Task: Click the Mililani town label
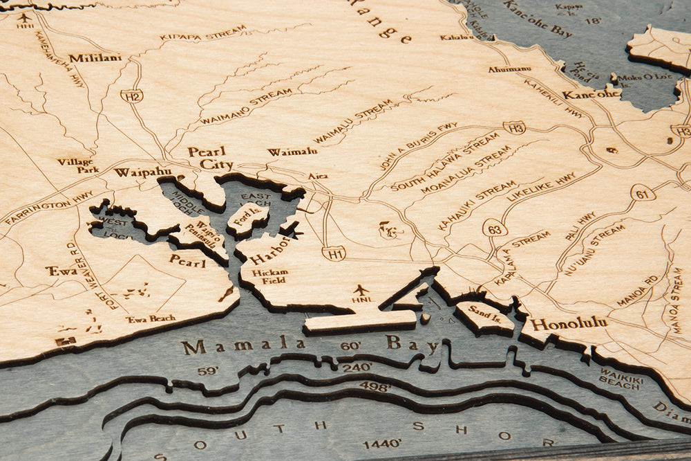(x=95, y=58)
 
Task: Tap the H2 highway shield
(x=131, y=96)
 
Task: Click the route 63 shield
(x=495, y=228)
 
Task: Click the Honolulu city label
(x=569, y=323)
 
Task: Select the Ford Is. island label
(x=247, y=216)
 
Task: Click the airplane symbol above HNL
(x=360, y=289)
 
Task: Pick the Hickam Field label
(x=269, y=277)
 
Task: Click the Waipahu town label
(x=142, y=172)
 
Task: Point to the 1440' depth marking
(x=382, y=443)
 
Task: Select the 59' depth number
(x=207, y=371)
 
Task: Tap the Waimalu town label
(x=292, y=152)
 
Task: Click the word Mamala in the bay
(x=243, y=345)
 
